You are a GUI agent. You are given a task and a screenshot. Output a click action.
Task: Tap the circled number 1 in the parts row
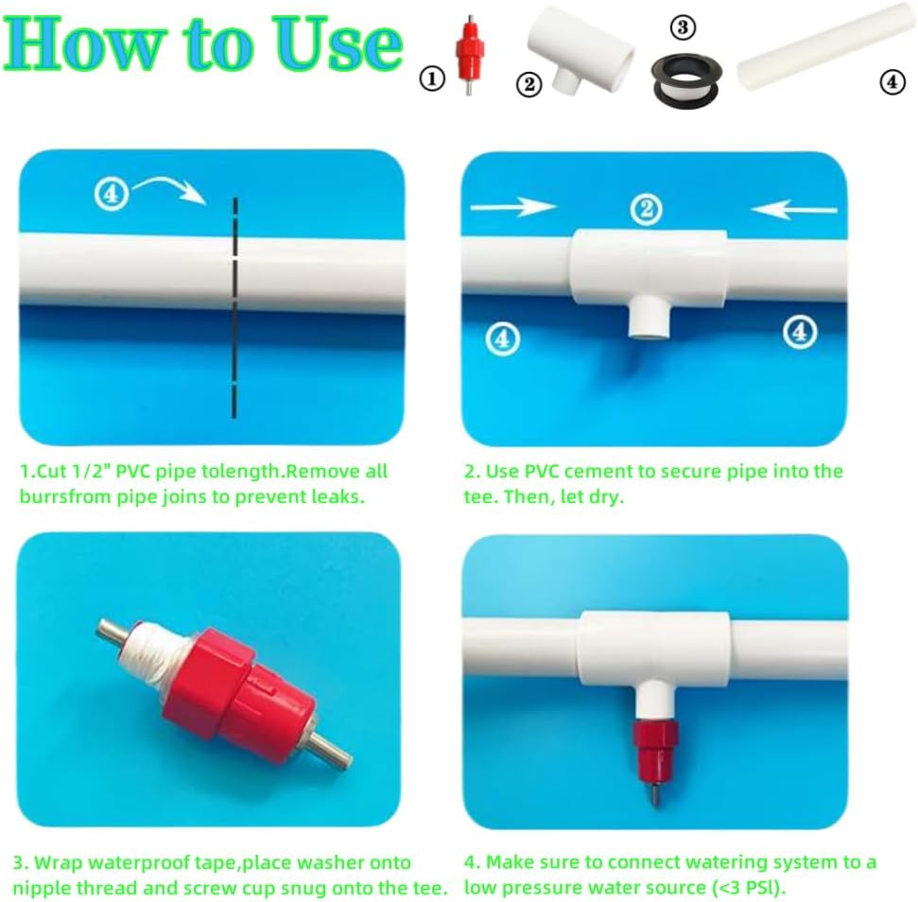point(432,80)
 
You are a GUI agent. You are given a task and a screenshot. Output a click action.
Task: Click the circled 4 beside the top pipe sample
point(892,82)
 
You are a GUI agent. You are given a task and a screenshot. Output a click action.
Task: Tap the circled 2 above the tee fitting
point(646,209)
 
